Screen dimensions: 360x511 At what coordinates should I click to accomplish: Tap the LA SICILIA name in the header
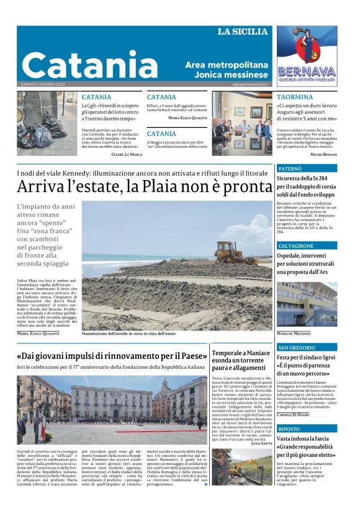(242, 32)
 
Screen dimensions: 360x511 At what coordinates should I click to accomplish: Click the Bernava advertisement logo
(307, 56)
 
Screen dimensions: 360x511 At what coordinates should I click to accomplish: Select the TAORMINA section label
(295, 97)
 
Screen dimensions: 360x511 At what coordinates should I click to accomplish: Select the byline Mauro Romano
(323, 154)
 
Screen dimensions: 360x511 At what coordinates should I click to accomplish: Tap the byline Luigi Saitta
(256, 461)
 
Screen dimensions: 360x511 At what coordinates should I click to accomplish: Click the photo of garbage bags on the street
(47, 124)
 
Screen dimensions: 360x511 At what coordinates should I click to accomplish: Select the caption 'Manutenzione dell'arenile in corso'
(128, 333)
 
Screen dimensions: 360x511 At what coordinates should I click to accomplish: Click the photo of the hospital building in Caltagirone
(307, 304)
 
